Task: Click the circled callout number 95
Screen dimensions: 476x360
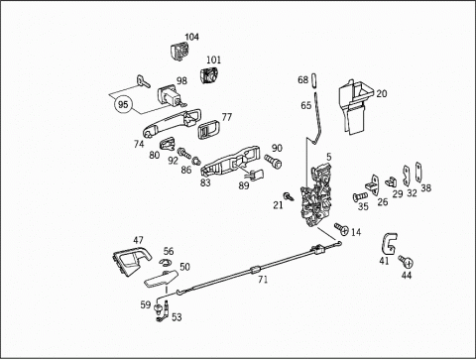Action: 123,105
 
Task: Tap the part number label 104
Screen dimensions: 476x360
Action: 191,37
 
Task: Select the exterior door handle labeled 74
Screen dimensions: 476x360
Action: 172,123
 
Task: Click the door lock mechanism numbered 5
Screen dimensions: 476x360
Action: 316,195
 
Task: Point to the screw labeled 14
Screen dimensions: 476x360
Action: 341,229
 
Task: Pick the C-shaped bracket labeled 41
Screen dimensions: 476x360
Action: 389,244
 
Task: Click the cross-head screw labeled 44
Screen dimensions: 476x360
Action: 407,261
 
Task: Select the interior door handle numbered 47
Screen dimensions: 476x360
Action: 131,259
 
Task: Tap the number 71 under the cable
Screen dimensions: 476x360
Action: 263,280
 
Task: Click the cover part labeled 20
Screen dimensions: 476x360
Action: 355,106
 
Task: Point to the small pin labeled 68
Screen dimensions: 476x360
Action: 314,80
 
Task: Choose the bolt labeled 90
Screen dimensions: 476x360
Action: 273,161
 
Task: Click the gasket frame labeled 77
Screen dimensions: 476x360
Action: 208,130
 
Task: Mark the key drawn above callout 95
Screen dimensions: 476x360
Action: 144,81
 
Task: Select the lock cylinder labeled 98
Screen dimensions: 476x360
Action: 171,95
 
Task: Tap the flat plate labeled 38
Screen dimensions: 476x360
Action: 418,172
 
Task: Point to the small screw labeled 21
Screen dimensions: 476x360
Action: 289,196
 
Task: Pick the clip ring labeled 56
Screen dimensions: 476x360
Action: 165,262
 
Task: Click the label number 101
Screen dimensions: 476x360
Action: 213,60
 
